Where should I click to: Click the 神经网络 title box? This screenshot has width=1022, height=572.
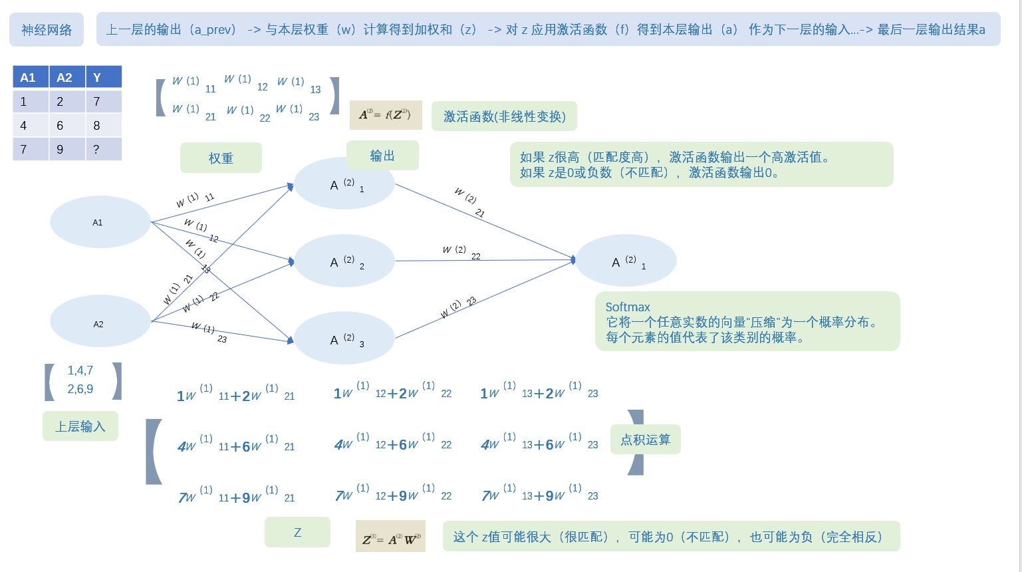[47, 30]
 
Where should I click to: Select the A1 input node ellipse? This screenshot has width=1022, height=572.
[100, 222]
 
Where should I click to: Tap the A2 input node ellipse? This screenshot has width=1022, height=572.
[100, 321]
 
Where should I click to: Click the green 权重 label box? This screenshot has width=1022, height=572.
[221, 158]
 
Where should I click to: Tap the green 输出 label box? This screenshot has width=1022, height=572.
[382, 156]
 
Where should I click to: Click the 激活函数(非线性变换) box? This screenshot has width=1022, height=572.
[504, 116]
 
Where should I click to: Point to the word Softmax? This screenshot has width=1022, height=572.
[628, 307]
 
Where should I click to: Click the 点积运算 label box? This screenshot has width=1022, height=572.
[646, 440]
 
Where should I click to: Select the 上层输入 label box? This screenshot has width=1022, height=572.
[80, 426]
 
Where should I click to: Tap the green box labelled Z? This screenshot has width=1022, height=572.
[297, 532]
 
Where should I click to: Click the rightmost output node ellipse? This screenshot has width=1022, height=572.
[626, 261]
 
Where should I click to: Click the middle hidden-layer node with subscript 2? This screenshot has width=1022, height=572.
[344, 261]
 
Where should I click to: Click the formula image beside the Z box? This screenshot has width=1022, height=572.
[390, 537]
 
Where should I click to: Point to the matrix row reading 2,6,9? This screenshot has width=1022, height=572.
[80, 389]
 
